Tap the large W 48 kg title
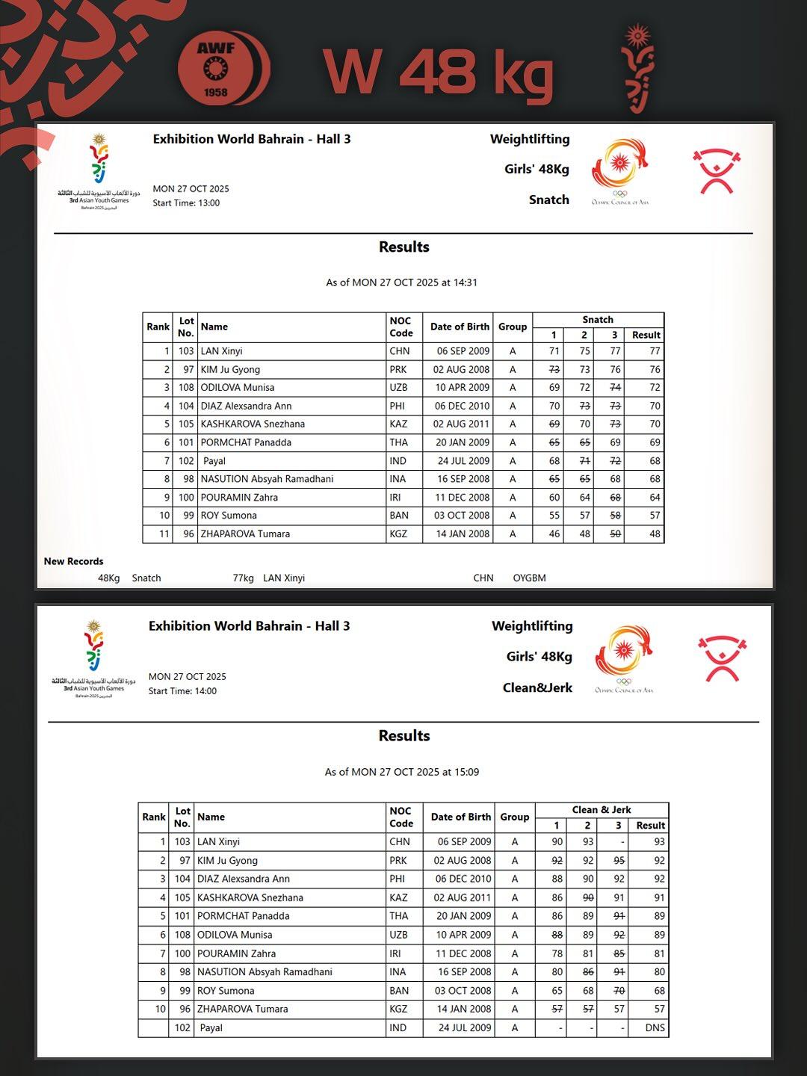point(439,72)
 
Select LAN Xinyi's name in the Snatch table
point(221,351)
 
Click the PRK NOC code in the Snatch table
point(398,369)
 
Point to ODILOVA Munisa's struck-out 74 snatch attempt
point(615,388)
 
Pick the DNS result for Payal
point(655,1028)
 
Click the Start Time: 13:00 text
point(186,203)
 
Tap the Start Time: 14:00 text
point(182,691)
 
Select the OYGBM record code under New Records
point(529,578)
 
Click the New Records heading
point(73,561)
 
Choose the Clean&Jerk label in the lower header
point(537,688)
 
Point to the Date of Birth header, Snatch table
point(460,327)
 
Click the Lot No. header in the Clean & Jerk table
point(182,817)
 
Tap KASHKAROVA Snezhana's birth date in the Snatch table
point(463,424)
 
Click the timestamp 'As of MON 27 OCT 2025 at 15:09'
point(402,772)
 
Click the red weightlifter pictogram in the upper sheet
point(716,171)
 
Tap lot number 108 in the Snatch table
point(185,388)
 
